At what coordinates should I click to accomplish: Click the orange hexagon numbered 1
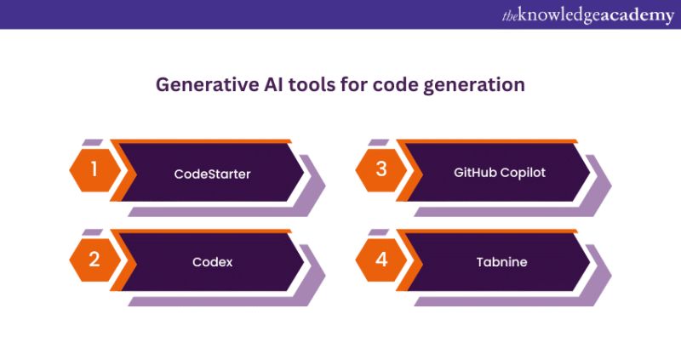click(x=94, y=169)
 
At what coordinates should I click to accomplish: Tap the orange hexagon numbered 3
click(x=381, y=169)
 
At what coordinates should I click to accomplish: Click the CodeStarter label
click(x=212, y=174)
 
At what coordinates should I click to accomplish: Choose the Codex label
click(x=212, y=262)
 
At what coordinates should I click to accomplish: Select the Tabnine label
click(x=501, y=262)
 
